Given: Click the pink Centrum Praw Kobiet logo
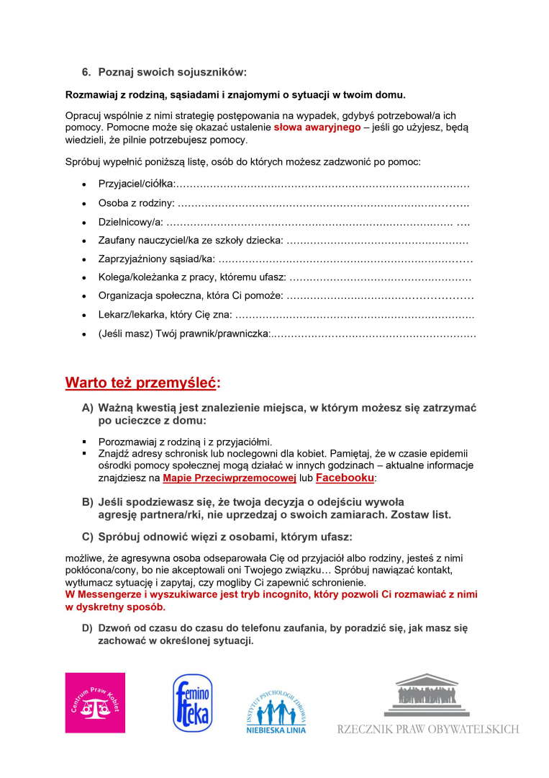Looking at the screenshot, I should pos(95,702).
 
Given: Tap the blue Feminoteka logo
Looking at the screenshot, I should pos(192,704).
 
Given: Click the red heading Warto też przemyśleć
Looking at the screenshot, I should pos(142,382).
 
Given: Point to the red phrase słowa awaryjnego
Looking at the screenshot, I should pos(317,128).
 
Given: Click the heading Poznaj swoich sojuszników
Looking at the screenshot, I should pos(172,72).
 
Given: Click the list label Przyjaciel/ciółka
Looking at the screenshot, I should pos(137,184).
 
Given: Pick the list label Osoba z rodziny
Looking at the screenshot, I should pos(136,203).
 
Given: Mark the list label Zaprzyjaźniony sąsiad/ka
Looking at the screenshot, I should pos(156,259).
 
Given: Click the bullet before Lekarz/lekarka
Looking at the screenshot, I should pos(86,315).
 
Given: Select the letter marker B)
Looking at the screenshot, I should pos(87,501).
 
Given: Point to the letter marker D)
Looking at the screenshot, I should pos(87,628).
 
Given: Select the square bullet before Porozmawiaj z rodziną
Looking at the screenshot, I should pos(84,442).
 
